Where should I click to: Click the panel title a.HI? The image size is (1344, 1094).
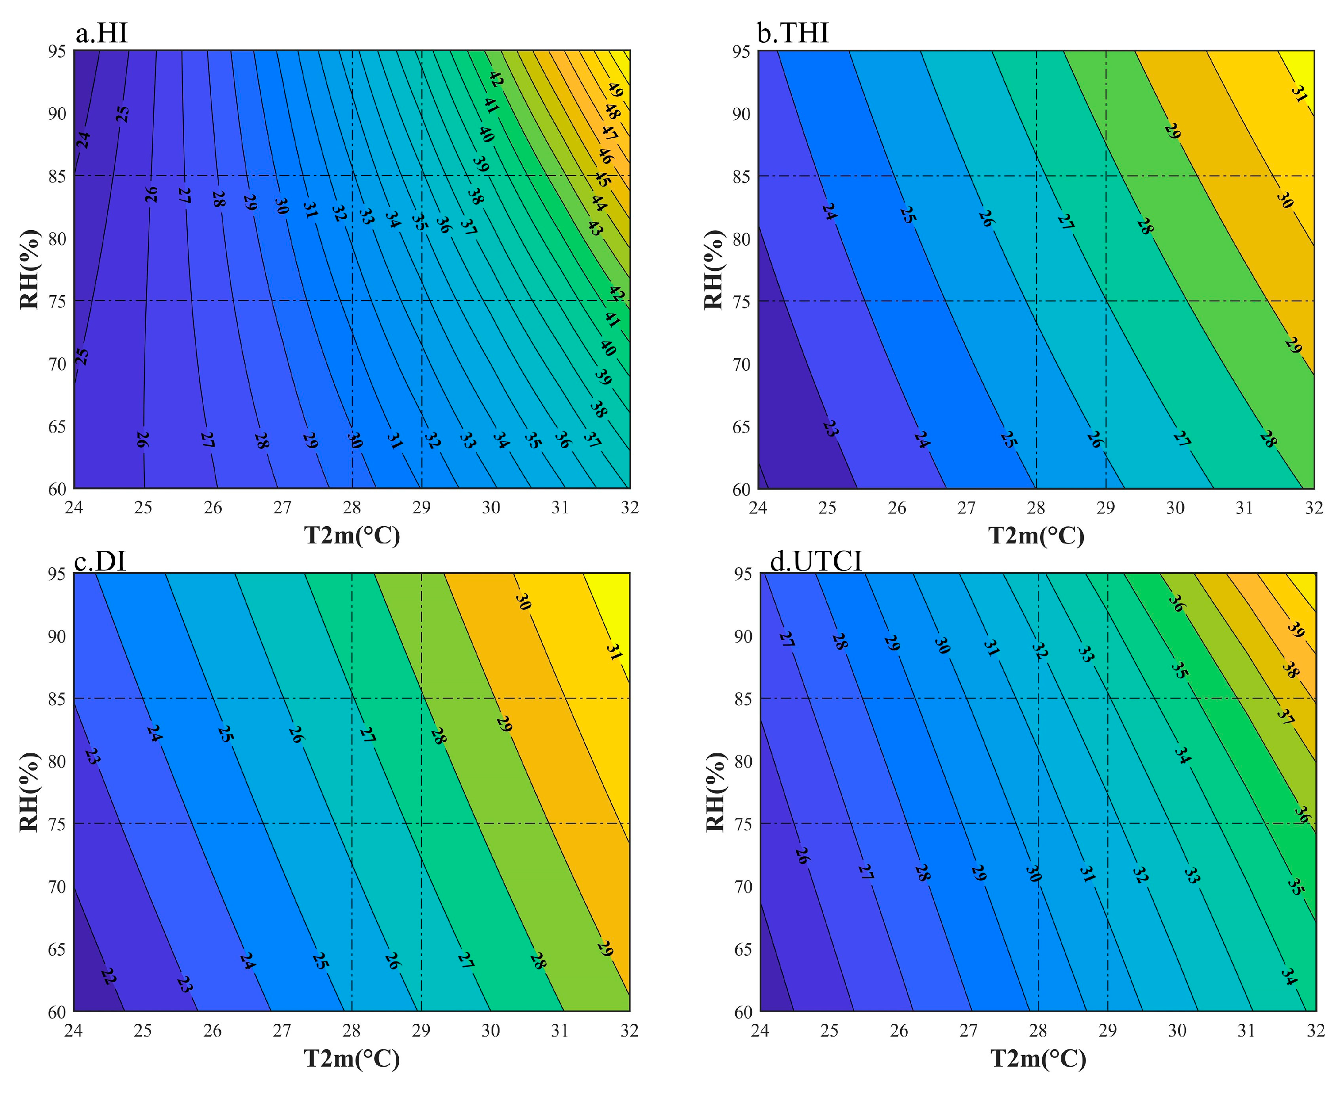coord(102,33)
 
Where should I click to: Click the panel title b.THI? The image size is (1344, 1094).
coord(792,33)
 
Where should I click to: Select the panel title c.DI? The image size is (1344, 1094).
coord(100,560)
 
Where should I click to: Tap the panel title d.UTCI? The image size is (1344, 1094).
coord(816,560)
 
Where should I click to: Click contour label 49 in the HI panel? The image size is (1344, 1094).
coord(615,90)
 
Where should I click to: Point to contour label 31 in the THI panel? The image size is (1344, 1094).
coord(1299,95)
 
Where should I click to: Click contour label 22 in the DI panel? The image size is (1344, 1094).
coord(108,976)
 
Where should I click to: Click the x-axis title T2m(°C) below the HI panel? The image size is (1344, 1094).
coord(352,536)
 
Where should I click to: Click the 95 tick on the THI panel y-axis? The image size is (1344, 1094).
coord(741,51)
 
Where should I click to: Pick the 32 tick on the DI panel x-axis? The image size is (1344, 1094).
coord(629,1030)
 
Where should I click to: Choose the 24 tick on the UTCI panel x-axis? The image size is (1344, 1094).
coord(760,1030)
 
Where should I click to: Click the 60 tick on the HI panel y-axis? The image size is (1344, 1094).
coord(57,489)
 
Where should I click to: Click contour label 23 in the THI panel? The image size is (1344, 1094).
coord(830,429)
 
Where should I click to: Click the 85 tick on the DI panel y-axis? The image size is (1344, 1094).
coord(57,698)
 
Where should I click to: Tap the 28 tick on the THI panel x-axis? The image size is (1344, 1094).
coord(1036,508)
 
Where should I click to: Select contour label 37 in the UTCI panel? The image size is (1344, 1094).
coord(1285,716)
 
